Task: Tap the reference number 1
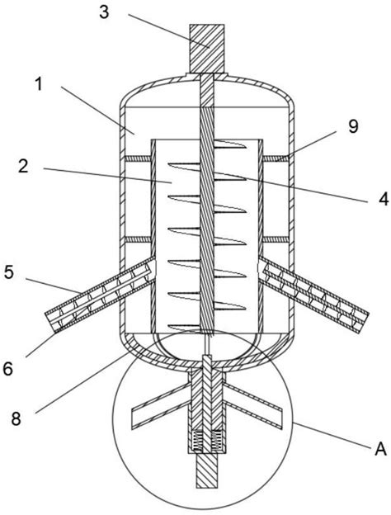(x=39, y=84)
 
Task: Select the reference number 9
(x=352, y=127)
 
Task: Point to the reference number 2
(x=23, y=167)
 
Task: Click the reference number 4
(x=383, y=199)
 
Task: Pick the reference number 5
(x=9, y=272)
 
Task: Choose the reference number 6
(x=7, y=369)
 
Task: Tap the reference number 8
(x=16, y=419)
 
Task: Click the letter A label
(x=380, y=449)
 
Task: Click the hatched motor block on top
(x=207, y=49)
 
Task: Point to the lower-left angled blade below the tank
(x=161, y=405)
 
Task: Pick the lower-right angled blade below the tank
(x=252, y=405)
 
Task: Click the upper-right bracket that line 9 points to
(x=276, y=158)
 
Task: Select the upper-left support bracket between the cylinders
(x=139, y=158)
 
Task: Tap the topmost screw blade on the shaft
(x=230, y=144)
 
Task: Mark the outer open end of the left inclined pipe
(x=50, y=322)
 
